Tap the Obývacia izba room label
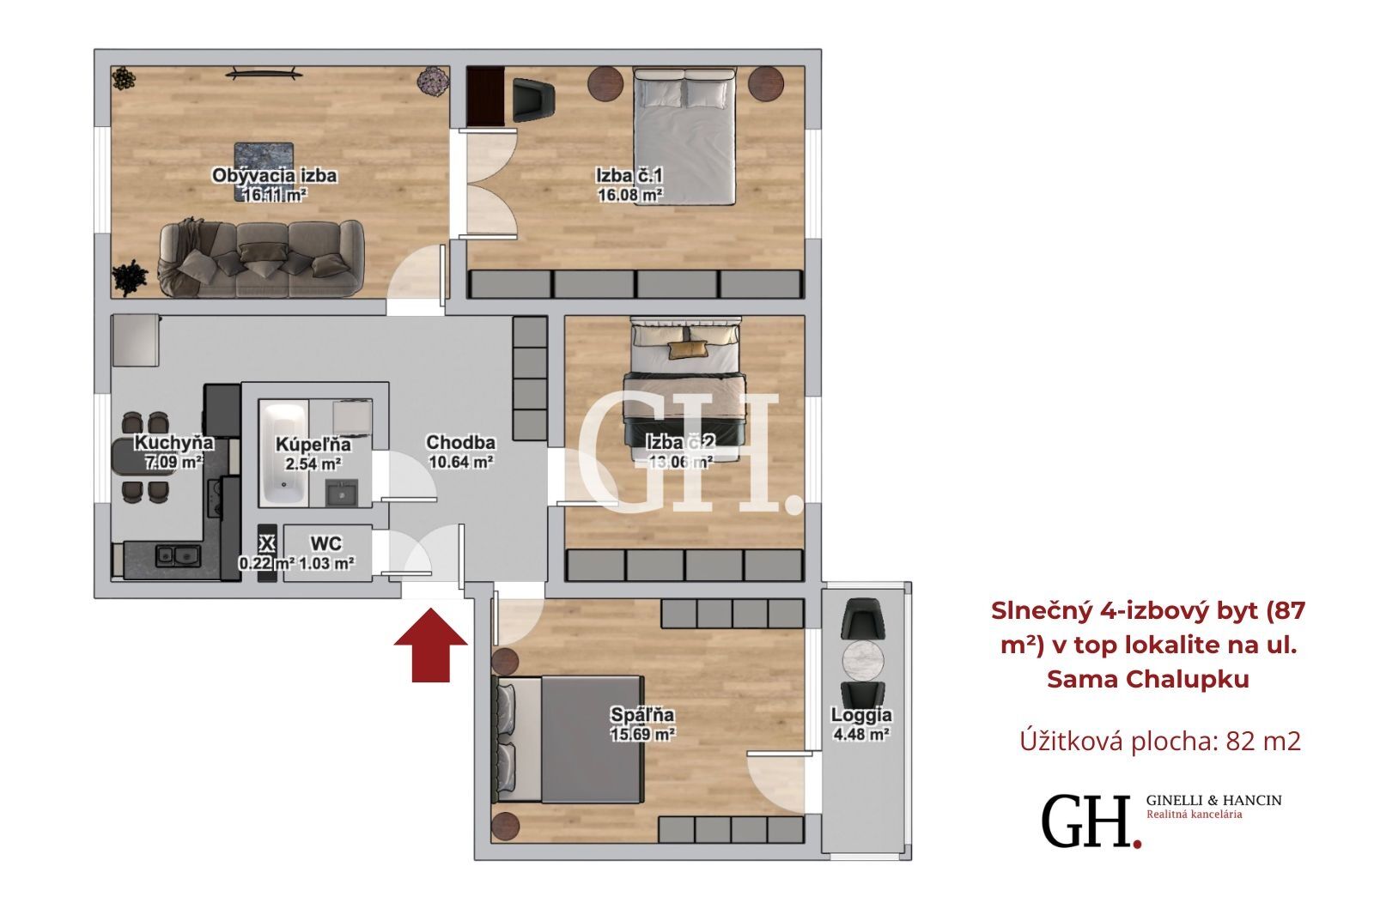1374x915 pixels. tap(274, 176)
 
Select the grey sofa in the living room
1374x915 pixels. tap(261, 258)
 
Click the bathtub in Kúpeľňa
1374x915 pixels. tap(283, 453)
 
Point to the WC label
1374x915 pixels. tap(325, 544)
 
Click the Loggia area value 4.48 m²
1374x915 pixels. tap(862, 734)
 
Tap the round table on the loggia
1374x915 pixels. tap(863, 661)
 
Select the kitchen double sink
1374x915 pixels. tap(178, 555)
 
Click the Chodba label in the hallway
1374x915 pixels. tap(460, 442)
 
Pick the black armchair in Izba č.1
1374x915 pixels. tap(533, 100)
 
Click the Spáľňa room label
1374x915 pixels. tap(642, 714)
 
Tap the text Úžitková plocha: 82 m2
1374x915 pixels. tap(1160, 741)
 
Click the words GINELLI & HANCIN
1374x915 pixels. tap(1214, 800)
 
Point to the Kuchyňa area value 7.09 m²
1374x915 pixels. tap(174, 462)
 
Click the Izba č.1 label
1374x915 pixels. tap(629, 176)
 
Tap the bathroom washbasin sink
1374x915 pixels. tap(342, 493)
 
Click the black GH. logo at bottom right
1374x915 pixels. tap(1091, 821)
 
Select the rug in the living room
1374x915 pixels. tap(264, 172)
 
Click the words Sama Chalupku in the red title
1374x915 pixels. tap(1147, 680)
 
